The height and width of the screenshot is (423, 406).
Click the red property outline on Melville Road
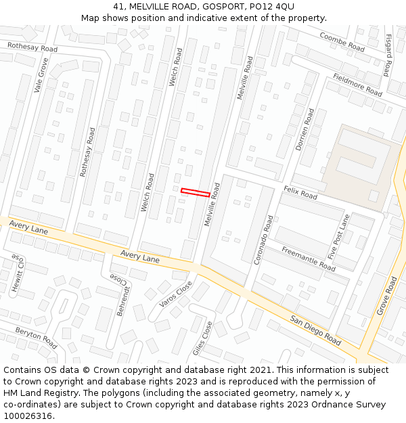[195, 193]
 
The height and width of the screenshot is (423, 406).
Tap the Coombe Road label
[342, 43]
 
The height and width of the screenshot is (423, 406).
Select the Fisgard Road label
[388, 55]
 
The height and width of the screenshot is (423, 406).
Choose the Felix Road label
[300, 193]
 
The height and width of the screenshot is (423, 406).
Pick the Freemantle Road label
[309, 259]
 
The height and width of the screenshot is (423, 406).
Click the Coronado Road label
[263, 240]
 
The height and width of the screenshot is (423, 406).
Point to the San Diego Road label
[315, 329]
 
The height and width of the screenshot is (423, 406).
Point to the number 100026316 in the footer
[28, 416]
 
